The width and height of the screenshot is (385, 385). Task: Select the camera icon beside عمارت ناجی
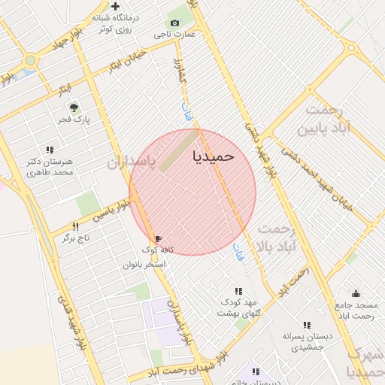(174, 23)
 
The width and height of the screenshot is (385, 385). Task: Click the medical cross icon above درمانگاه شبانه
(115, 7)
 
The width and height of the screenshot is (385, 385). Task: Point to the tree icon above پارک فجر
(73, 108)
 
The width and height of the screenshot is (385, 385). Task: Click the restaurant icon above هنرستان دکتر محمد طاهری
(50, 150)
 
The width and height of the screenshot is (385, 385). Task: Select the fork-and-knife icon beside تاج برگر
(75, 226)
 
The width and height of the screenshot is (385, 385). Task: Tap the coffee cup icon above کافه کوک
(158, 238)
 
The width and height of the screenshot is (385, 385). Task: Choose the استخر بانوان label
(144, 265)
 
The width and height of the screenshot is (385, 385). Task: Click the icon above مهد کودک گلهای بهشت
(238, 291)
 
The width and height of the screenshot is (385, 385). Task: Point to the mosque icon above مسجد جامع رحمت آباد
(356, 294)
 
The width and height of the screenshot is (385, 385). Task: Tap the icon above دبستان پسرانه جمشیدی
(306, 326)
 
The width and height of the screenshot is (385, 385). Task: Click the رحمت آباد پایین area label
(324, 120)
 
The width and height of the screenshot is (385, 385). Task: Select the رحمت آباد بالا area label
(277, 236)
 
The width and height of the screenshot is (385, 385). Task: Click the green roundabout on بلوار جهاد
(30, 60)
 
